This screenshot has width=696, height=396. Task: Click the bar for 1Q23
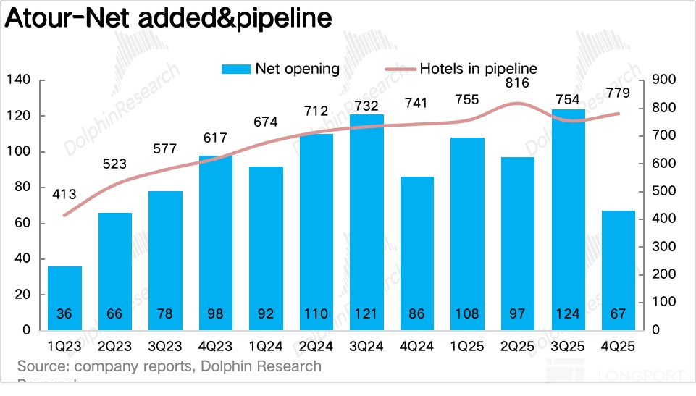tap(65, 297)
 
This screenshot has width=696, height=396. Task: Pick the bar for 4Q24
tap(417, 253)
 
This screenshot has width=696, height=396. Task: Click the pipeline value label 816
tap(516, 83)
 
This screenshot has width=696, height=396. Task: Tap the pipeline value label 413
tap(64, 194)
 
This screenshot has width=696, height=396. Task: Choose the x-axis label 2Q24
tap(316, 347)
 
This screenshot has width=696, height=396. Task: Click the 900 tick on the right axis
tap(665, 80)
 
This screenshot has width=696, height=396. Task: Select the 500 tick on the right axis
tap(665, 191)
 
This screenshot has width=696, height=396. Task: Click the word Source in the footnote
tap(42, 366)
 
